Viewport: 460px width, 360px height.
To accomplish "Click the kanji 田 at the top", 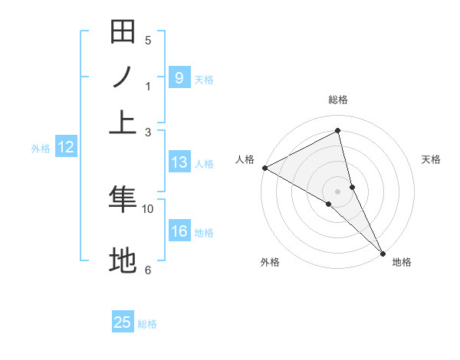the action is (123, 33).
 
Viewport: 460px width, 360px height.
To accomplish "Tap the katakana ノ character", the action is (123, 77).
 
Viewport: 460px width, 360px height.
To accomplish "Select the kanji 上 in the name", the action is (123, 121).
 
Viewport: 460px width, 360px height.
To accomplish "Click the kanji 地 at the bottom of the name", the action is (123, 260).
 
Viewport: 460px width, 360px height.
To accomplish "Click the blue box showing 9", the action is (179, 78).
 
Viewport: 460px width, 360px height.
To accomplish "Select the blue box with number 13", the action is (179, 162).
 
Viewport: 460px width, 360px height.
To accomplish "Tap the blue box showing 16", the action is (179, 232).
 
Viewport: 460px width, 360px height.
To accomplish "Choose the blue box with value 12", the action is (66, 148).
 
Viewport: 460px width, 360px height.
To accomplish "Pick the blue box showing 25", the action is (123, 322).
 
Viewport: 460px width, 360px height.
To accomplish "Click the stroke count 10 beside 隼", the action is (148, 208).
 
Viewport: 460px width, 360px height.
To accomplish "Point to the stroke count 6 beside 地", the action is (148, 270).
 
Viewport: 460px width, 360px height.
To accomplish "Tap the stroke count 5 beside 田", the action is (148, 41).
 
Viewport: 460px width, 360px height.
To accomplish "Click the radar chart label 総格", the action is (338, 100).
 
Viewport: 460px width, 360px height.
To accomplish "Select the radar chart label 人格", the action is (245, 159).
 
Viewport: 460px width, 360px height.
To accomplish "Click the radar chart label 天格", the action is (431, 159).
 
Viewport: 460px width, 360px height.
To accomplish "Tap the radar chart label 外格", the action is (270, 262).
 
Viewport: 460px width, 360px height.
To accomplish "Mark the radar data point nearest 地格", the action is (383, 252).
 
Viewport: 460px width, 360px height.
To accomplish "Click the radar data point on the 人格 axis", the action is (264, 168).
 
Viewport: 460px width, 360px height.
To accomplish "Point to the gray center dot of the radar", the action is (338, 191).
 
